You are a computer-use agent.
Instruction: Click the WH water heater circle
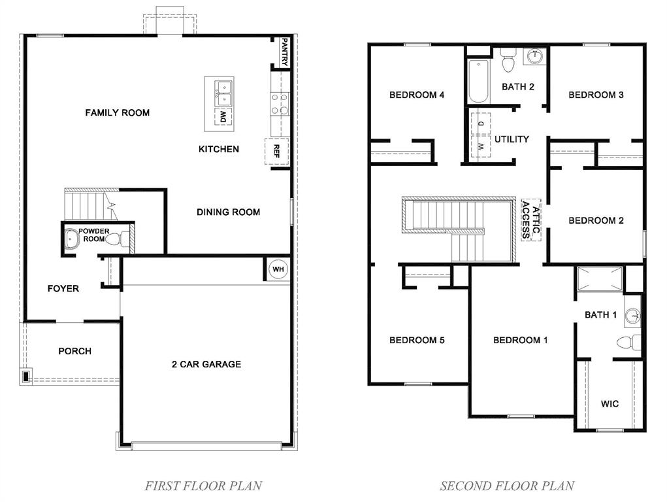pyautogui.click(x=278, y=269)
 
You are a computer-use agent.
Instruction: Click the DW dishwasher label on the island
pyautogui.click(x=223, y=118)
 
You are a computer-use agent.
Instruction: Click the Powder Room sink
pyautogui.click(x=71, y=240)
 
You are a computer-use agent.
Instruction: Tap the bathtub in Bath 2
pyautogui.click(x=478, y=81)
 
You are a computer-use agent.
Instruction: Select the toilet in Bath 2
pyautogui.click(x=508, y=61)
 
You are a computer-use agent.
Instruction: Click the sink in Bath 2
pyautogui.click(x=534, y=56)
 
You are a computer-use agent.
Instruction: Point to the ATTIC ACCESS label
pyautogui.click(x=530, y=219)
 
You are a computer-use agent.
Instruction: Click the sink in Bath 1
pyautogui.click(x=632, y=316)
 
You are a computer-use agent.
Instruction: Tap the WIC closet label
pyautogui.click(x=610, y=404)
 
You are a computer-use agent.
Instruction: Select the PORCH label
pyautogui.click(x=75, y=351)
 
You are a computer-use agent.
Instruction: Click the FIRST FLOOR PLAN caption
pyautogui.click(x=203, y=486)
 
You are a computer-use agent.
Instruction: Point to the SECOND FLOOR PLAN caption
pyautogui.click(x=507, y=486)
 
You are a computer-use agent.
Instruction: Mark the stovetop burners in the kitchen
pyautogui.click(x=280, y=103)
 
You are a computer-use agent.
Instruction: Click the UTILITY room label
pyautogui.click(x=512, y=139)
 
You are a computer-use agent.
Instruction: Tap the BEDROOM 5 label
pyautogui.click(x=417, y=340)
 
